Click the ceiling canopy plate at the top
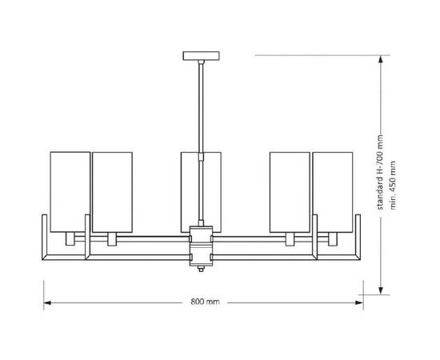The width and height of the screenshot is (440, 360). [201, 56]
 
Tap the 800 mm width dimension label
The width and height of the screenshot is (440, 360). [205, 302]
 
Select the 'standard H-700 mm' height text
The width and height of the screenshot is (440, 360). [380, 172]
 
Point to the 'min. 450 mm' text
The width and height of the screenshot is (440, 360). [393, 185]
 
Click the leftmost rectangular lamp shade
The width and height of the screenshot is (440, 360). [70, 192]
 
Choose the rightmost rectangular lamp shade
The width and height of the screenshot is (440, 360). [333, 192]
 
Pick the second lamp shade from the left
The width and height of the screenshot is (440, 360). [112, 192]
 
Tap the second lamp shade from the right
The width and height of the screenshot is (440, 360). [290, 192]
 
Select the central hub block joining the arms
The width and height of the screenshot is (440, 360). [201, 246]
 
